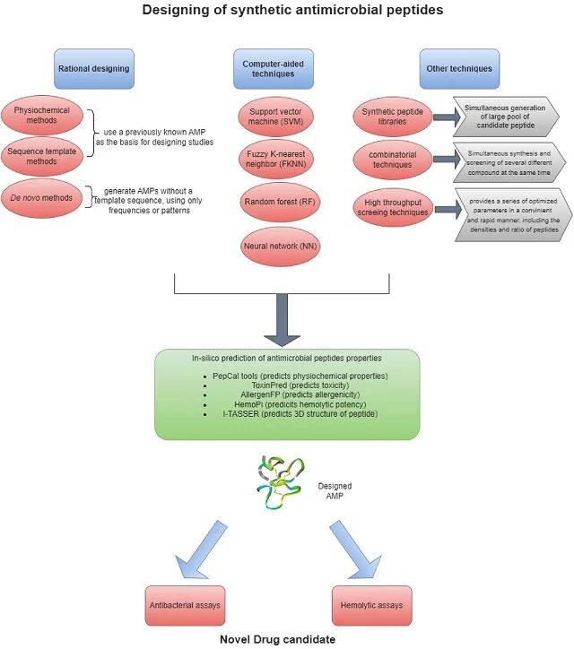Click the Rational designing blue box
(x=94, y=68)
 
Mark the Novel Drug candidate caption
(x=279, y=640)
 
